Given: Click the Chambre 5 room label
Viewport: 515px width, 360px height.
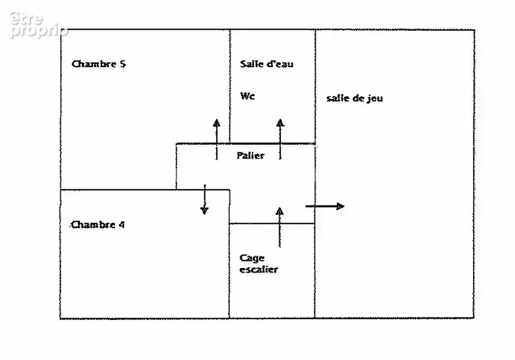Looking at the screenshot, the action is tap(98, 64).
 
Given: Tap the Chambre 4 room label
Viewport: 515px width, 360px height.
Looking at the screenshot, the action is tap(98, 224).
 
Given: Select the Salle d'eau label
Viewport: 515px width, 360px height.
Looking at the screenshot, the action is tap(266, 64).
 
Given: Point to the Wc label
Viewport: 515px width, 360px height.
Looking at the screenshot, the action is tap(247, 96).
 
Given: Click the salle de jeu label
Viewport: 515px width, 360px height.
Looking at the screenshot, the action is tap(354, 98).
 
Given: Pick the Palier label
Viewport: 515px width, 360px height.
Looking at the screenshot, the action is tap(250, 155).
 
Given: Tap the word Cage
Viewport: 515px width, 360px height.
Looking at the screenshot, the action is tap(252, 258).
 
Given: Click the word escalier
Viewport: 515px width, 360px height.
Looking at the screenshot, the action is tap(259, 270).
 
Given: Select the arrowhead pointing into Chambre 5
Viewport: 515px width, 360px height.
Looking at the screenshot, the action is tap(216, 123).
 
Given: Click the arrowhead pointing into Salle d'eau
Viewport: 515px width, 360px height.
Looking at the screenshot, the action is tap(280, 123).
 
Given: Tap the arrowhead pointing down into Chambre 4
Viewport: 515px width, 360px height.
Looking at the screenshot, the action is tap(204, 210).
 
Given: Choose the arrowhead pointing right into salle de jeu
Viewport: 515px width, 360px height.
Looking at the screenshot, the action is tap(341, 207).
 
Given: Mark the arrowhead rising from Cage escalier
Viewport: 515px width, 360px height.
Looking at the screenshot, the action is tap(279, 211).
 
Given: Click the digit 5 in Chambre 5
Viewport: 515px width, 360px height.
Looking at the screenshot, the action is tap(122, 64).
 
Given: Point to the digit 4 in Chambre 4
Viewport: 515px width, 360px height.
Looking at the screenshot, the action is tap(122, 224).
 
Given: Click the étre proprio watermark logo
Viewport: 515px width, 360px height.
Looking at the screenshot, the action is tap(39, 25).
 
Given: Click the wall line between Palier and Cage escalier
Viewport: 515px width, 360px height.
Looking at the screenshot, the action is tap(272, 223).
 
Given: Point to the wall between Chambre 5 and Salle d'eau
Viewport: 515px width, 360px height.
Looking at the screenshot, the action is tap(230, 86).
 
